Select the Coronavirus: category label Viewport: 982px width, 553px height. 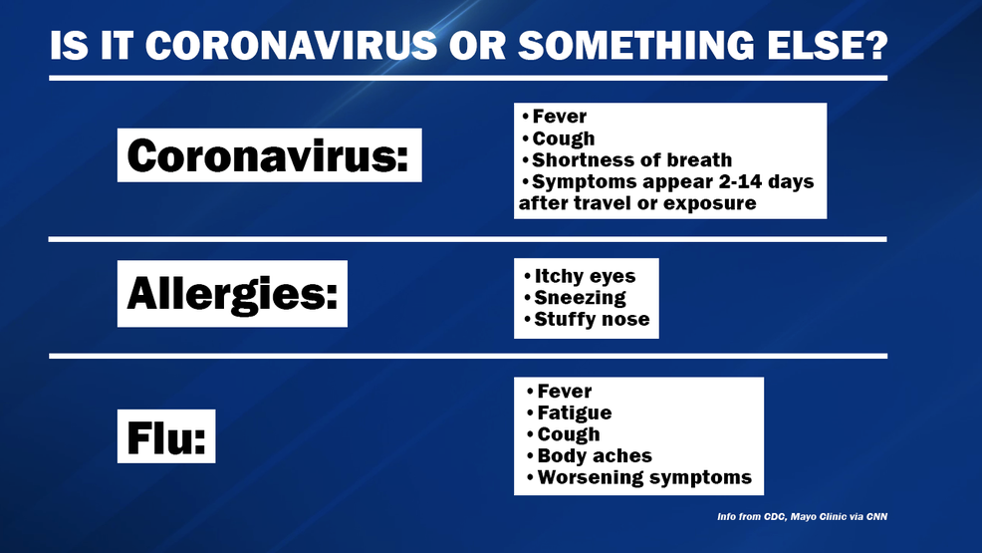269,155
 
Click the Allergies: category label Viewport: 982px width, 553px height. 232,294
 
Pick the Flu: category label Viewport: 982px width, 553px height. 166,436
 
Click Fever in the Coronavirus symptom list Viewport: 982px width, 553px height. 559,117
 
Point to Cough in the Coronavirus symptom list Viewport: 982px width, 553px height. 563,138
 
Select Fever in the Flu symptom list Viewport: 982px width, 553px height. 565,392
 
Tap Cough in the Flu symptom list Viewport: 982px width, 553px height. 569,434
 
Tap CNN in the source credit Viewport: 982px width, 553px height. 876,517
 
